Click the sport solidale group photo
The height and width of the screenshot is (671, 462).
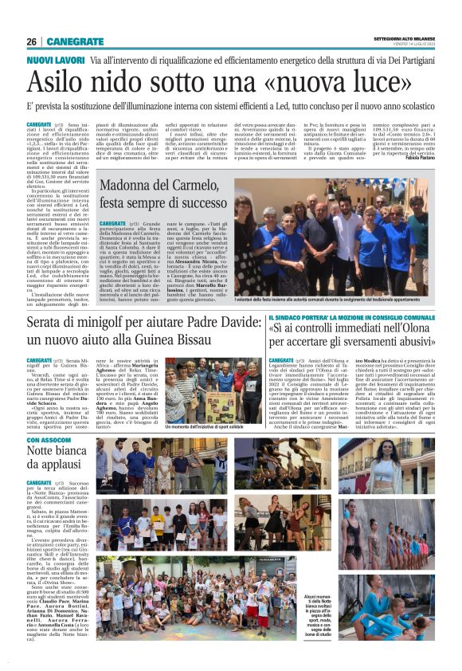click(x=205, y=390)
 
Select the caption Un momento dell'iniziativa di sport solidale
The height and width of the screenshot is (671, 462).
click(x=206, y=428)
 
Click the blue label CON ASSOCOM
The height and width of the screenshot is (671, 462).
click(x=49, y=440)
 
